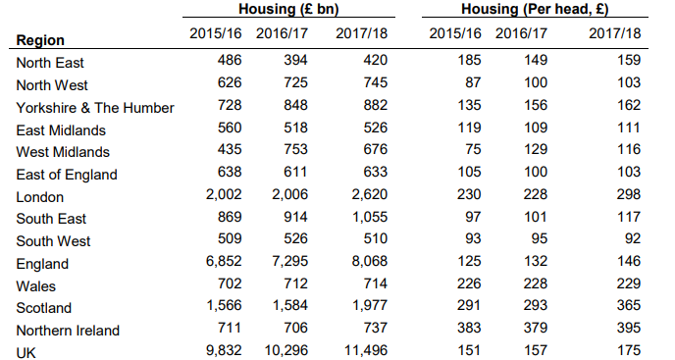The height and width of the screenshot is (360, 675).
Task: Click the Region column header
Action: coord(40,40)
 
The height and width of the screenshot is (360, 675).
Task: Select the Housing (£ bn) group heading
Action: coord(288,9)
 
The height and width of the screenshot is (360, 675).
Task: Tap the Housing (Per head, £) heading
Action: coord(535,9)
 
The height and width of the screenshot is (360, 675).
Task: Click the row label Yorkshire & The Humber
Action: coord(95,108)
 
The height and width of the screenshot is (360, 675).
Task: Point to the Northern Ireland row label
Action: coord(68,331)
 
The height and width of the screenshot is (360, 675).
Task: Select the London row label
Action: coord(39,197)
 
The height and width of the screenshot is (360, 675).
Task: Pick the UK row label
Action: coord(26,353)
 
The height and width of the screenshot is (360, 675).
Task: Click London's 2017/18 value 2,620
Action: coord(369,194)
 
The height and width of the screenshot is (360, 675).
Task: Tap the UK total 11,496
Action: coord(366,350)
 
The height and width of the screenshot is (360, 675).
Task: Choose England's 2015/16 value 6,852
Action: coord(224,261)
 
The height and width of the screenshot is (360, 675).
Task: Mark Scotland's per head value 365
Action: coord(629,305)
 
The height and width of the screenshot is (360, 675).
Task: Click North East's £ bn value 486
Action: coord(230,60)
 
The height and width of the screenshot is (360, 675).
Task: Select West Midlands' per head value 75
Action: coord(473,149)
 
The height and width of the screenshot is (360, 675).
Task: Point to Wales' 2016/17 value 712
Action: coord(295,283)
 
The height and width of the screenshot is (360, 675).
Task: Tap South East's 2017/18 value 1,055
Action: coord(369,217)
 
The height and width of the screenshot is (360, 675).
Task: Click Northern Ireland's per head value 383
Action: coord(469,328)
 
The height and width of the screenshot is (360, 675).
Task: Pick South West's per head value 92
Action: coord(633,238)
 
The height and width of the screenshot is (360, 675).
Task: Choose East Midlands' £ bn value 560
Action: coord(230,128)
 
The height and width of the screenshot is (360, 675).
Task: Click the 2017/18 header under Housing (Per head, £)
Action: coord(615,33)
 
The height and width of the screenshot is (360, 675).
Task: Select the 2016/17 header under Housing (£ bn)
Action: coord(282,33)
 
